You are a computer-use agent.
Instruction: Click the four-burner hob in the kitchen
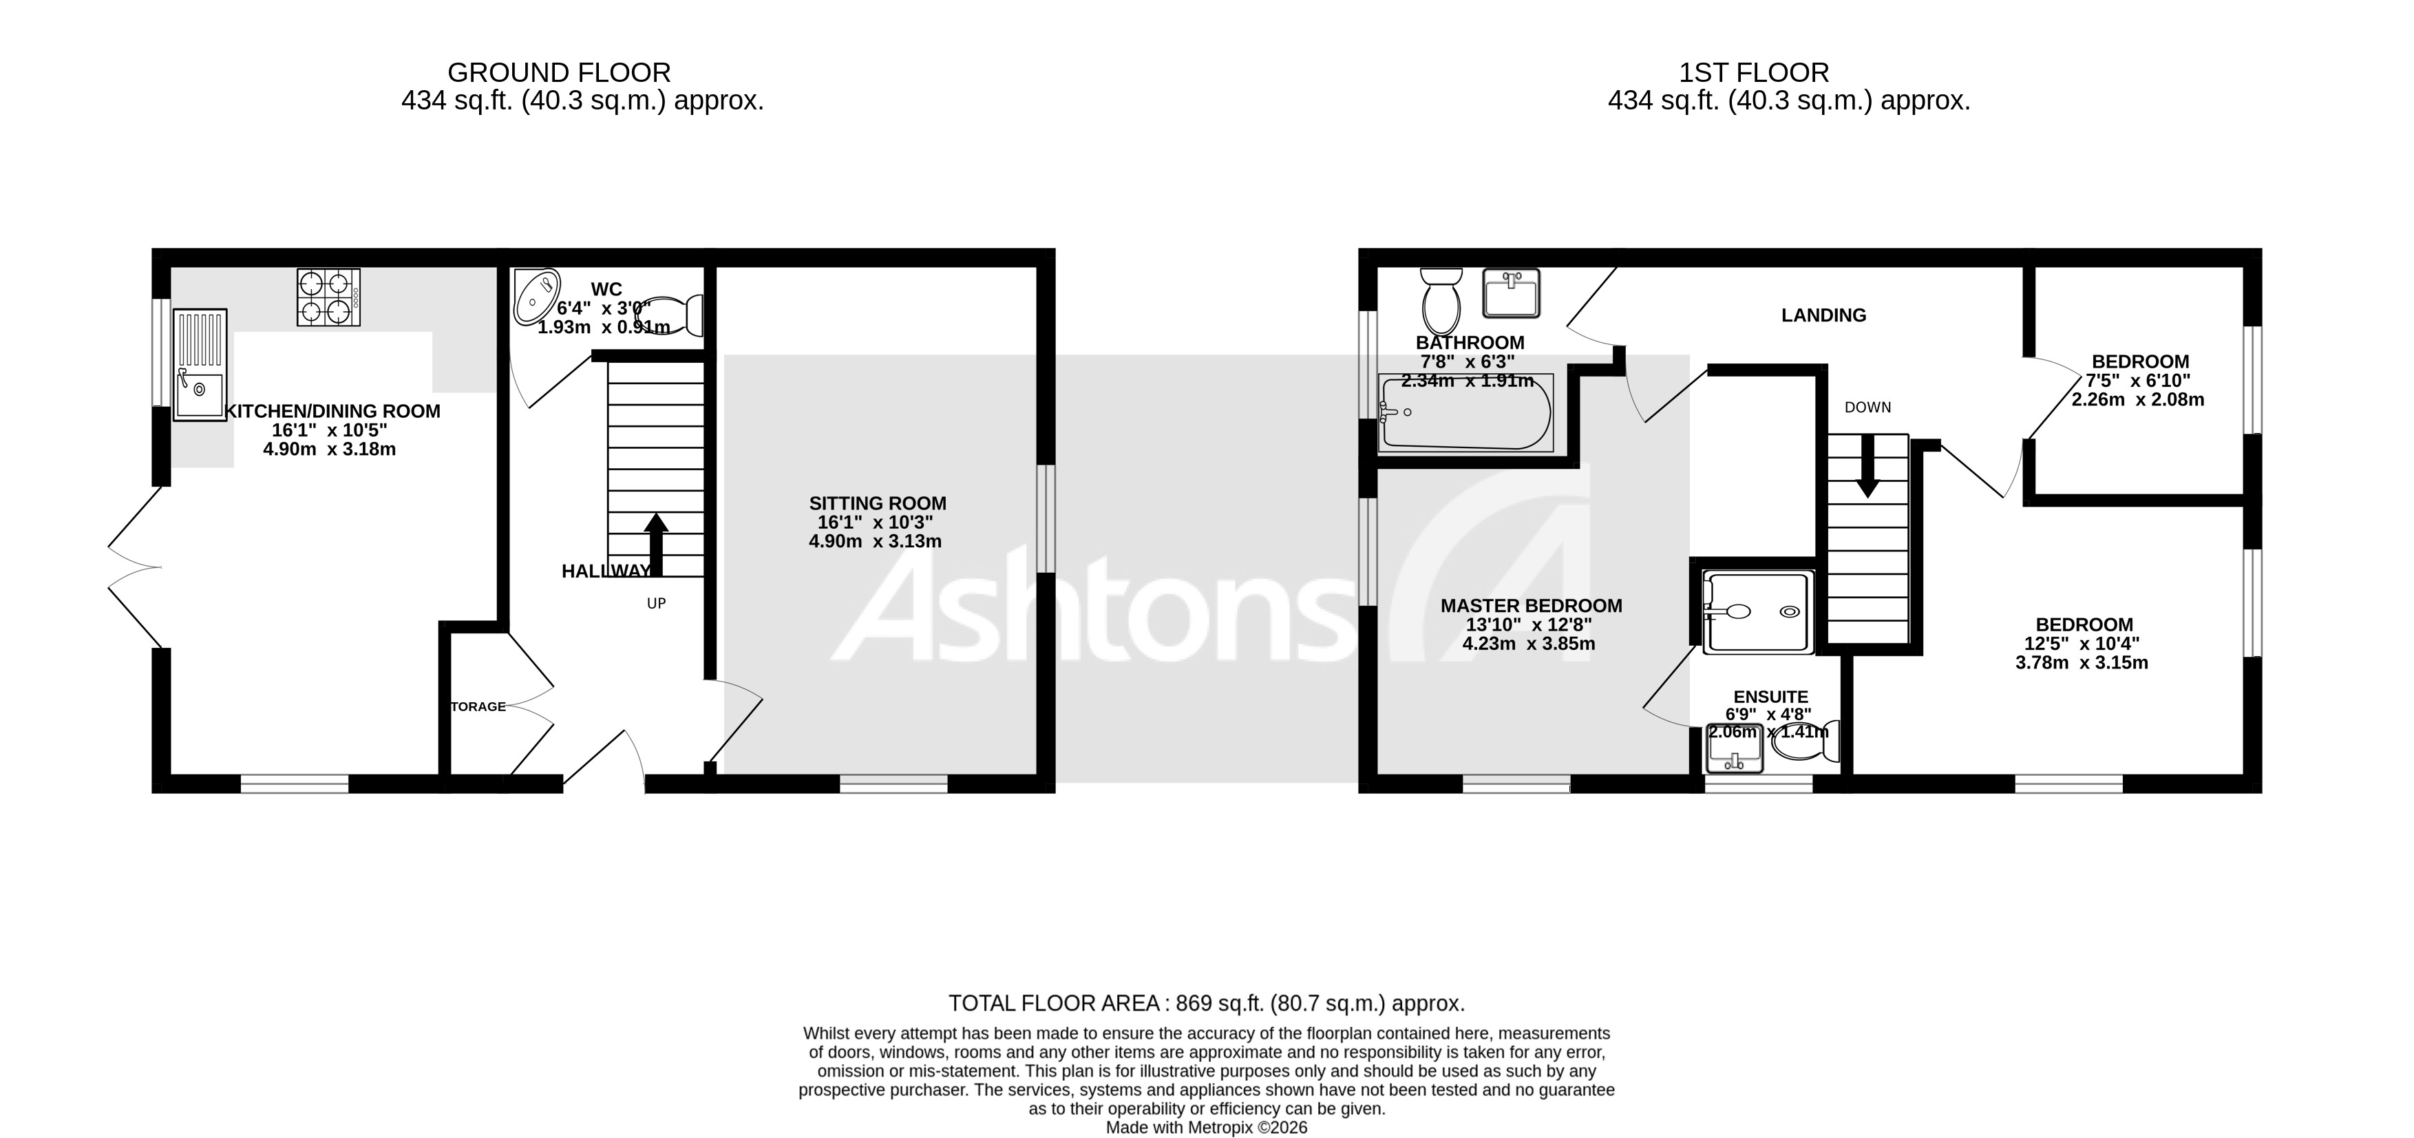328,297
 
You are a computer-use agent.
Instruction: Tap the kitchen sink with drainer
200,365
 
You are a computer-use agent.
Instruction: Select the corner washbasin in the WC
536,296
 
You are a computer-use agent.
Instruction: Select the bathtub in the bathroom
1465,412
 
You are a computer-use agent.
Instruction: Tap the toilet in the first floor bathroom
1440,298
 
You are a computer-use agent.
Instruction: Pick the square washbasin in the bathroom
1511,293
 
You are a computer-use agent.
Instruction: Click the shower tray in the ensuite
1758,612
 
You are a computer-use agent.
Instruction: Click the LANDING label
1823,316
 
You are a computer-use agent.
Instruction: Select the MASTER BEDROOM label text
1530,607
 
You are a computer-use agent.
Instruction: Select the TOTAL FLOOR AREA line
1206,1003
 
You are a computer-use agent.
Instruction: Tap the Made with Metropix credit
1206,1128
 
